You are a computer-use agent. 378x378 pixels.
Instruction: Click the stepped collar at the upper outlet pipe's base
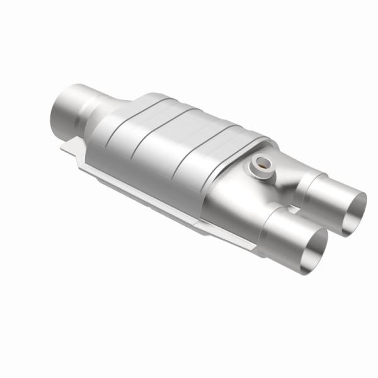(x=302, y=183)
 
